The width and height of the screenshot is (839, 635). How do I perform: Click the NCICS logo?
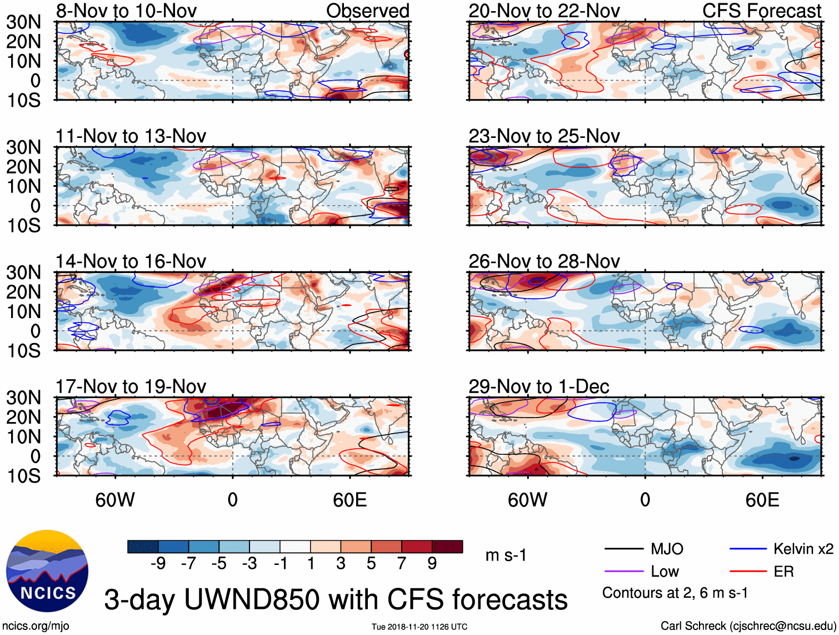pyautogui.click(x=47, y=571)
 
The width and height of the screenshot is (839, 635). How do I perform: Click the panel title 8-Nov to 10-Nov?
pyautogui.click(x=126, y=11)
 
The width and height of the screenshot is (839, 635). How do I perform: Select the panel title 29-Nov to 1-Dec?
pyautogui.click(x=538, y=386)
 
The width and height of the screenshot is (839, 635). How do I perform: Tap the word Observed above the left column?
pyautogui.click(x=367, y=11)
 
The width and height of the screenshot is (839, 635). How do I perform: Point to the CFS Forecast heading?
pyautogui.click(x=761, y=11)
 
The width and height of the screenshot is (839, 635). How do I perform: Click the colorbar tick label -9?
pyautogui.click(x=158, y=564)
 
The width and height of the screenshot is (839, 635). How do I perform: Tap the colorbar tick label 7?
pyautogui.click(x=402, y=564)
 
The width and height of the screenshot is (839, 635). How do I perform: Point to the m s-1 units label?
pyautogui.click(x=506, y=555)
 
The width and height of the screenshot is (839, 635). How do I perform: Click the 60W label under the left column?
pyautogui.click(x=115, y=500)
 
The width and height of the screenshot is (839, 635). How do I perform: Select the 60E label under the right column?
pyautogui.click(x=762, y=500)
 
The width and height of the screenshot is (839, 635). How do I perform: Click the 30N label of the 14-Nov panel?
pyautogui.click(x=23, y=272)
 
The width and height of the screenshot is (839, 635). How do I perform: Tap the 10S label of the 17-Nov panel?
pyautogui.click(x=23, y=476)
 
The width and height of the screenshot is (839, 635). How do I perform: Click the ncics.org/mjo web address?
pyautogui.click(x=36, y=626)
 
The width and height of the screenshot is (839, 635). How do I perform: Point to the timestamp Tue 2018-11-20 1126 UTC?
pyautogui.click(x=419, y=627)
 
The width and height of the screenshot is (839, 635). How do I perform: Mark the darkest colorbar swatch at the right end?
pyautogui.click(x=447, y=547)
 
